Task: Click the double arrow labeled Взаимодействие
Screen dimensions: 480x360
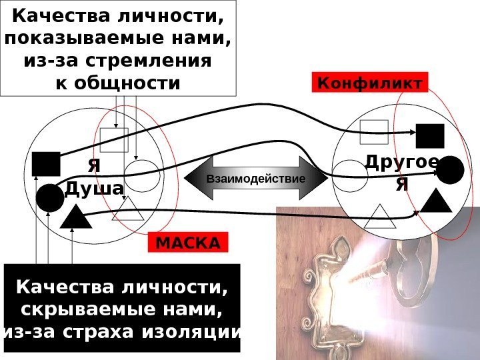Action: click(x=256, y=179)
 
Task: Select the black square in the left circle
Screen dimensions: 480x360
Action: click(x=46, y=163)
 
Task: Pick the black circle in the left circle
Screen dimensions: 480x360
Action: click(x=49, y=198)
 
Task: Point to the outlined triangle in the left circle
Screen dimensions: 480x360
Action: click(x=129, y=211)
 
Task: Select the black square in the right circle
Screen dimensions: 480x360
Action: click(x=430, y=135)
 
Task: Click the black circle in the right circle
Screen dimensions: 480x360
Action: click(x=450, y=170)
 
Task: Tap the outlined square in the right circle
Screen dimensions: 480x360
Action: click(x=373, y=132)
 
